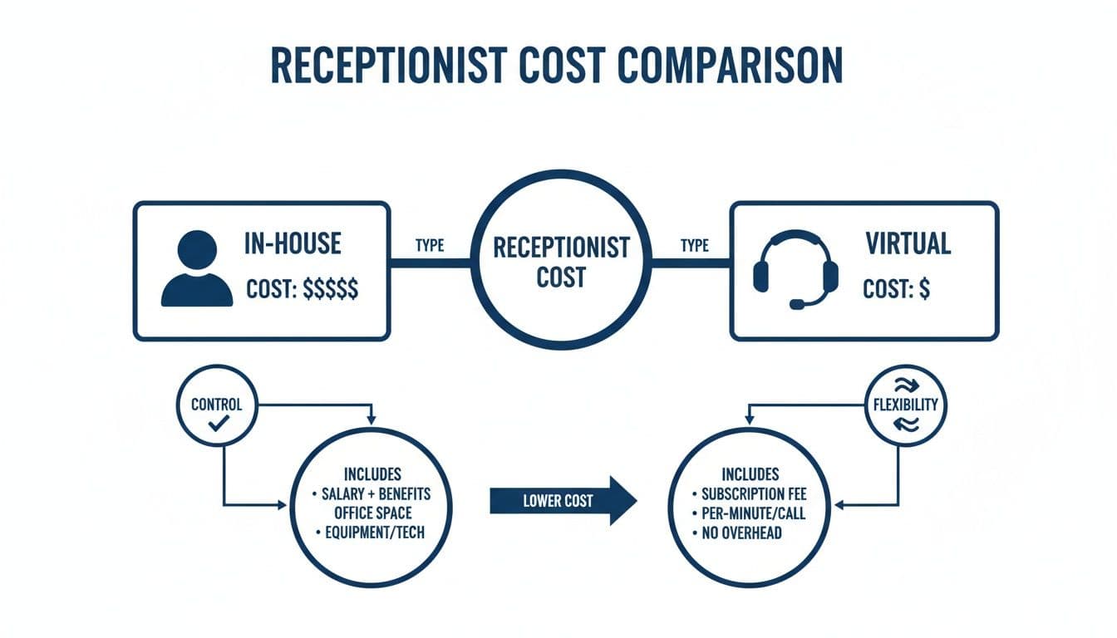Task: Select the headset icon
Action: coord(795,271)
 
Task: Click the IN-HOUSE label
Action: coord(293,243)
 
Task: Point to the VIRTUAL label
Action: coord(908,243)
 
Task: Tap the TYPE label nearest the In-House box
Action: coord(429,246)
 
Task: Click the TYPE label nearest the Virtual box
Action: coord(694,246)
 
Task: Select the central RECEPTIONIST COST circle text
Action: coord(561,261)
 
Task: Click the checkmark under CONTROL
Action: coord(219,425)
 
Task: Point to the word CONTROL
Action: coord(217,405)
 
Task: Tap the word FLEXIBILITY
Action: coord(906,405)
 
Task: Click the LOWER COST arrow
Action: coord(563,500)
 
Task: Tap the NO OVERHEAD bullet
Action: coord(741,532)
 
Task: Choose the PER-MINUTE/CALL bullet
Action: coord(753,513)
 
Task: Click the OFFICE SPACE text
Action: coord(376,513)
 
